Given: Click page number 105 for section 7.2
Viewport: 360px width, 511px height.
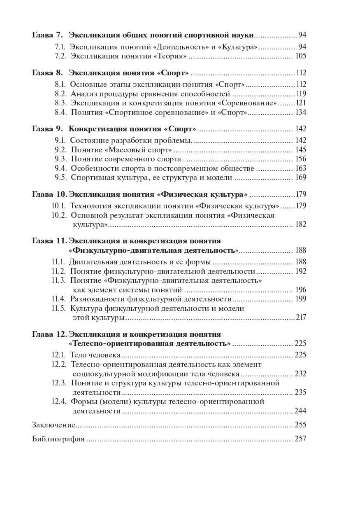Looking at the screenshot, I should coord(300,56).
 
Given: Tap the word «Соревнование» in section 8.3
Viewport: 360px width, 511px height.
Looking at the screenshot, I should coord(249,103).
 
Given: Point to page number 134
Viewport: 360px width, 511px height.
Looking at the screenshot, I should coord(300,112).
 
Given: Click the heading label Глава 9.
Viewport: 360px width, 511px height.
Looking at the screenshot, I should coord(47,128).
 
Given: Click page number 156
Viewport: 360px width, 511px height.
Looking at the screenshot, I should coord(300,159).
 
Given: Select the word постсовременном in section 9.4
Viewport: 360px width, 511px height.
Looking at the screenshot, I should coord(209,168).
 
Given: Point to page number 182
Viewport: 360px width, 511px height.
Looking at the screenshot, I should coord(300,224).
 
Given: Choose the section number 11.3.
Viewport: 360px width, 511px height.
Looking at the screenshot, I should coord(58,280).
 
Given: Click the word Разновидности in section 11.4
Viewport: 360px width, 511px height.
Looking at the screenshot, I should coord(96,299).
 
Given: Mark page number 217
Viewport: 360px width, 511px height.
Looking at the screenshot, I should coord(301,317).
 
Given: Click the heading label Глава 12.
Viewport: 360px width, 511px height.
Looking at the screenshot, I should coord(49,334).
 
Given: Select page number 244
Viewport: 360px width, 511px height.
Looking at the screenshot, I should coord(300,411).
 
